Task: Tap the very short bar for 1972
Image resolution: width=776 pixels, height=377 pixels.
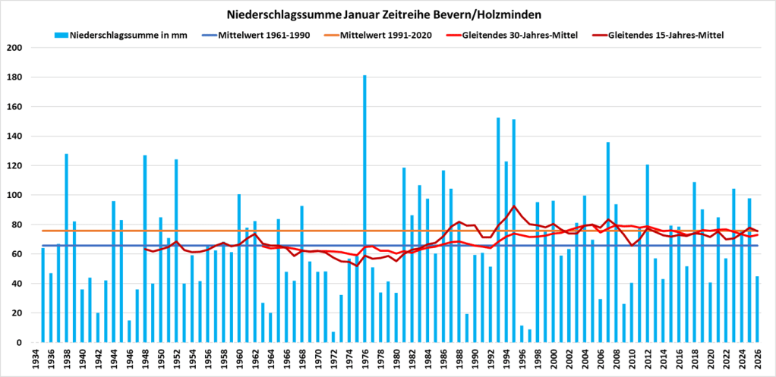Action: point(333,337)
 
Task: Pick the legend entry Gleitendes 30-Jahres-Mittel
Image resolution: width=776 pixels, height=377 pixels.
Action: point(516,35)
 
